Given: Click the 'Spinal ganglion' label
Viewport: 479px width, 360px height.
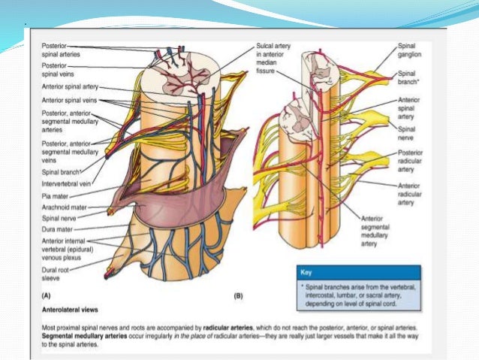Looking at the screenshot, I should click(410, 50).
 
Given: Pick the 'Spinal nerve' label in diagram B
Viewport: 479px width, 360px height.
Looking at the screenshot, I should click(408, 132).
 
